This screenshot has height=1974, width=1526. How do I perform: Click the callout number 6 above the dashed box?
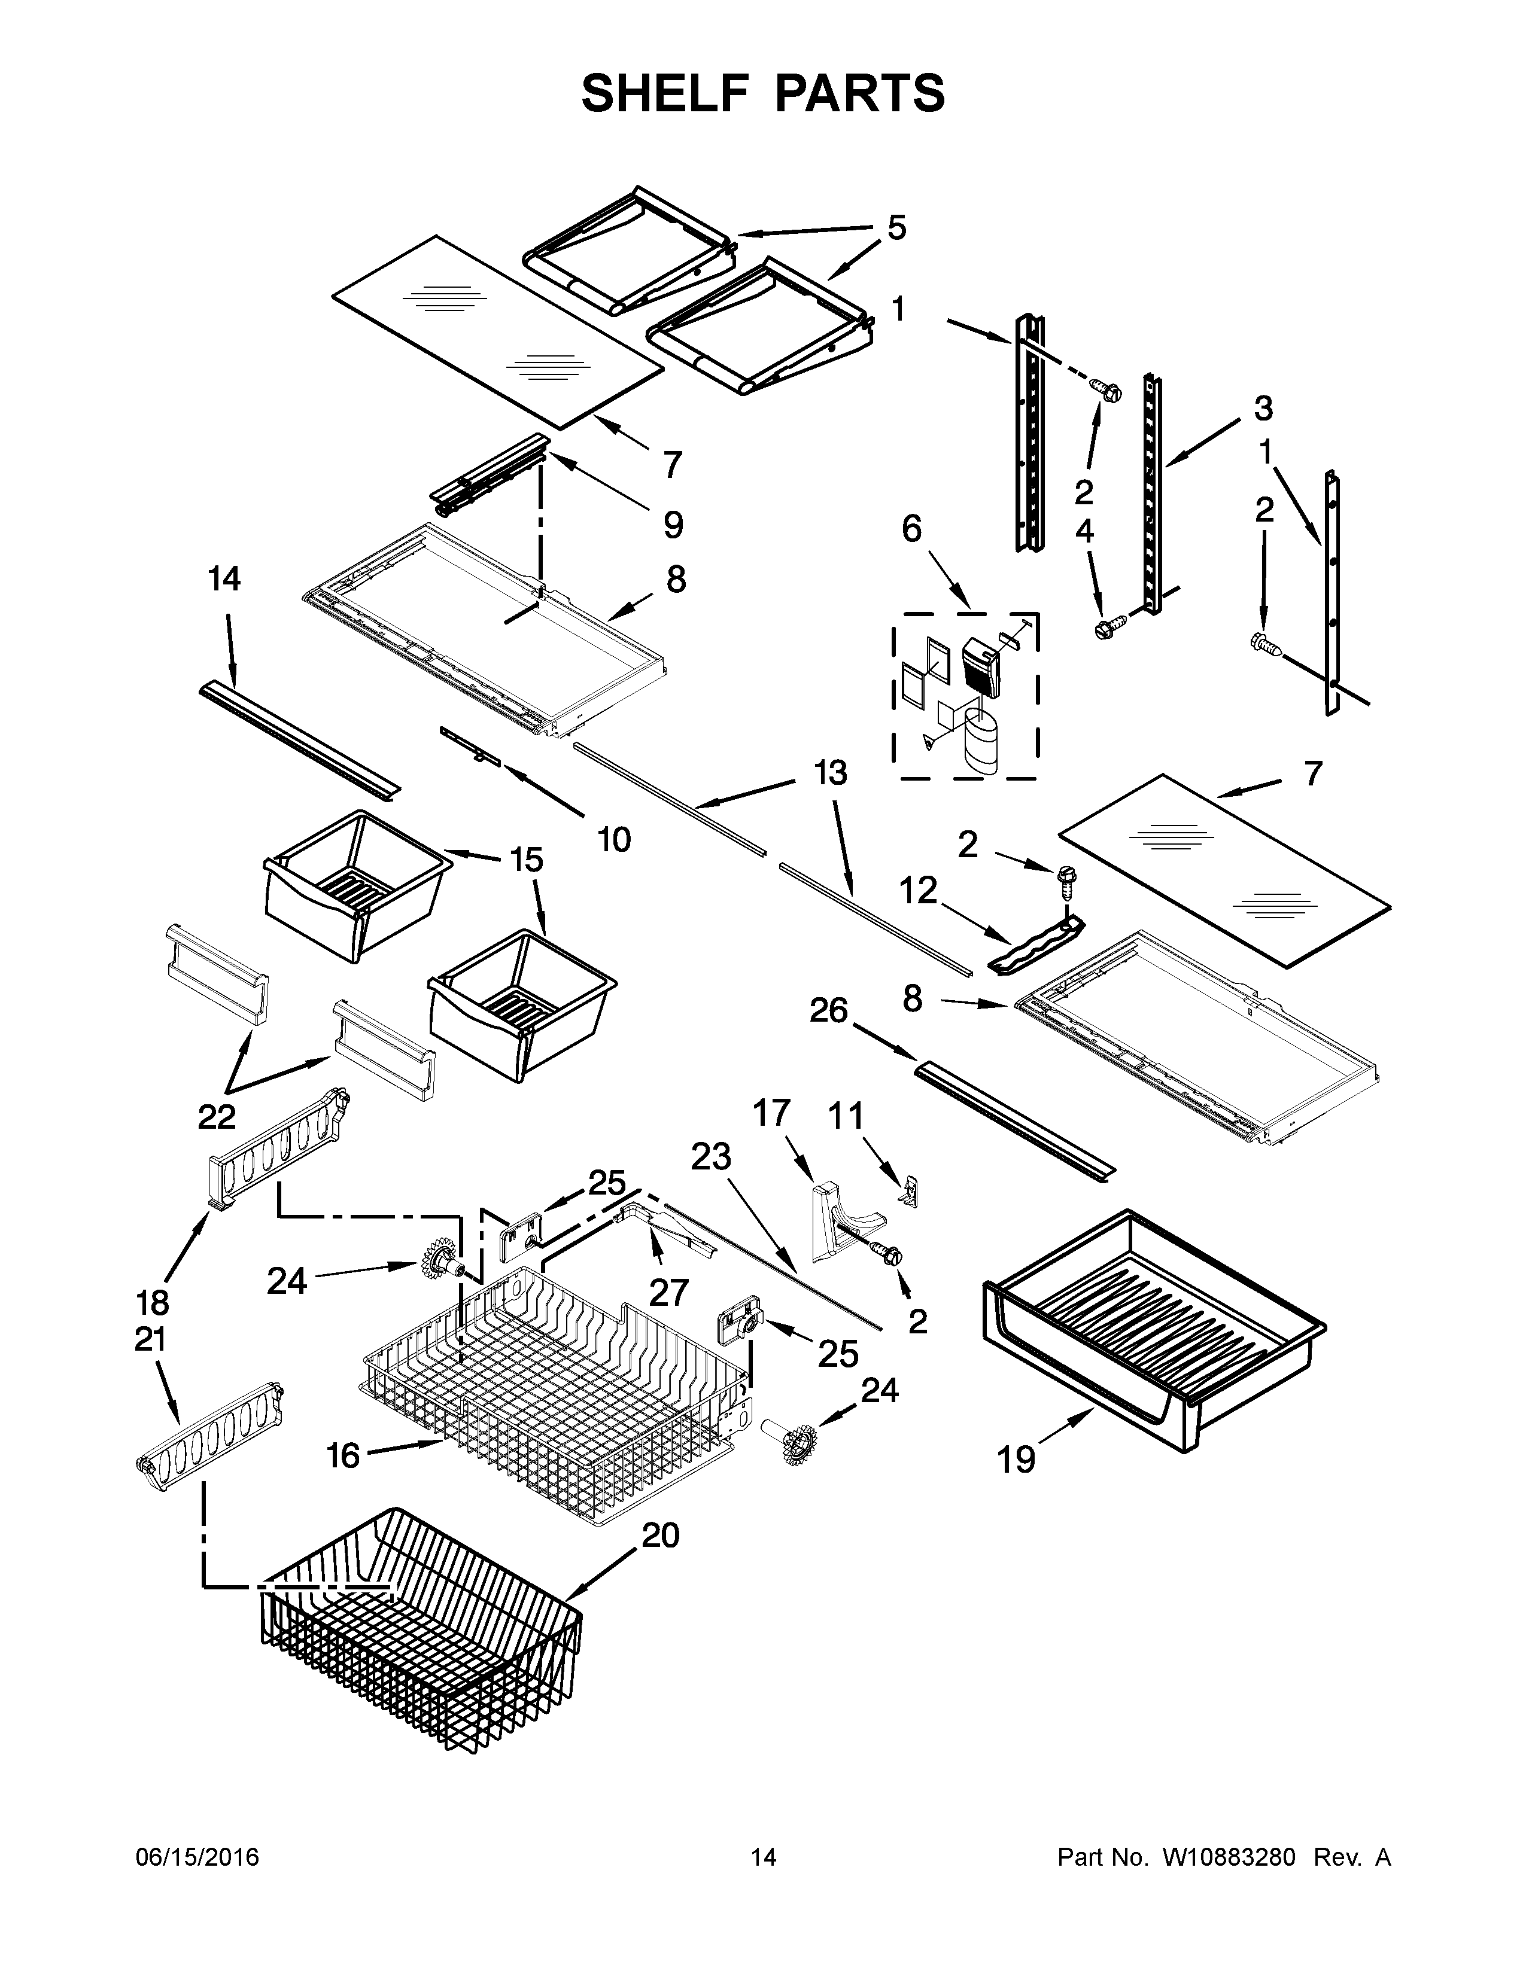(x=911, y=529)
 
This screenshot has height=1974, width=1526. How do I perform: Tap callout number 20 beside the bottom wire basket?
(x=660, y=1535)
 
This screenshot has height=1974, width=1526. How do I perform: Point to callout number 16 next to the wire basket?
(x=343, y=1455)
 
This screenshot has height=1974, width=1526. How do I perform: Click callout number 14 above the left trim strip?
(x=224, y=580)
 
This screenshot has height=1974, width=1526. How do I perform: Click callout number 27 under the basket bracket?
(x=669, y=1293)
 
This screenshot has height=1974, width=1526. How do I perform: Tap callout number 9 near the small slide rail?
(x=673, y=525)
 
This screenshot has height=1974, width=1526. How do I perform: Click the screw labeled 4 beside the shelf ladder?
(x=1106, y=626)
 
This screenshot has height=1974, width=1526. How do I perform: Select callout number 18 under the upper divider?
(x=152, y=1302)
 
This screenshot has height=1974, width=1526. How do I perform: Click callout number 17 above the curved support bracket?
(x=771, y=1114)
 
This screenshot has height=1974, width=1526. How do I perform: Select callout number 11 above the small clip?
(x=846, y=1117)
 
